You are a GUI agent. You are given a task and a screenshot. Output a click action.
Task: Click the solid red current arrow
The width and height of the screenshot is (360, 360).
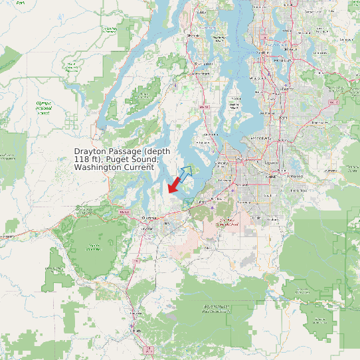click(x=175, y=183)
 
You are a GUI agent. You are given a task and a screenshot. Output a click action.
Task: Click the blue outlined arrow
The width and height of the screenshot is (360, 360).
click(x=185, y=173)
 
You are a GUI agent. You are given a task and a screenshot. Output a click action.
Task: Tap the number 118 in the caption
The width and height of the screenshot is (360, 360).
click(x=81, y=160)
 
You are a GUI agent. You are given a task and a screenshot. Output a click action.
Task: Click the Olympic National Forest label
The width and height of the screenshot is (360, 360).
click(x=43, y=108)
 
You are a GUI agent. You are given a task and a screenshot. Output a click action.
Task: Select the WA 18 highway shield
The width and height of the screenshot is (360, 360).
click(x=333, y=103)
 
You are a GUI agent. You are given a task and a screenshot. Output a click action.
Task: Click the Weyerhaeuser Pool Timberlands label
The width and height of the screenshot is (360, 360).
click(x=216, y=308)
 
